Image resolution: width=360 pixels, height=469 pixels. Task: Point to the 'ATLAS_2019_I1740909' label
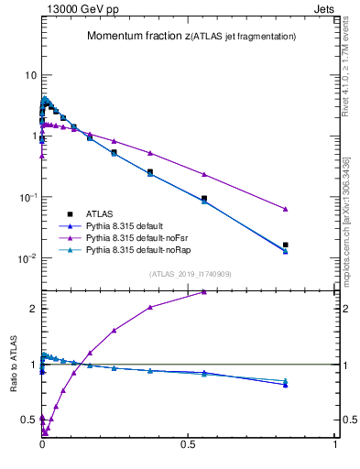click(190, 274)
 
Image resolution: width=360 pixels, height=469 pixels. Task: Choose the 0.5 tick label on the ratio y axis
click(27, 420)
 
